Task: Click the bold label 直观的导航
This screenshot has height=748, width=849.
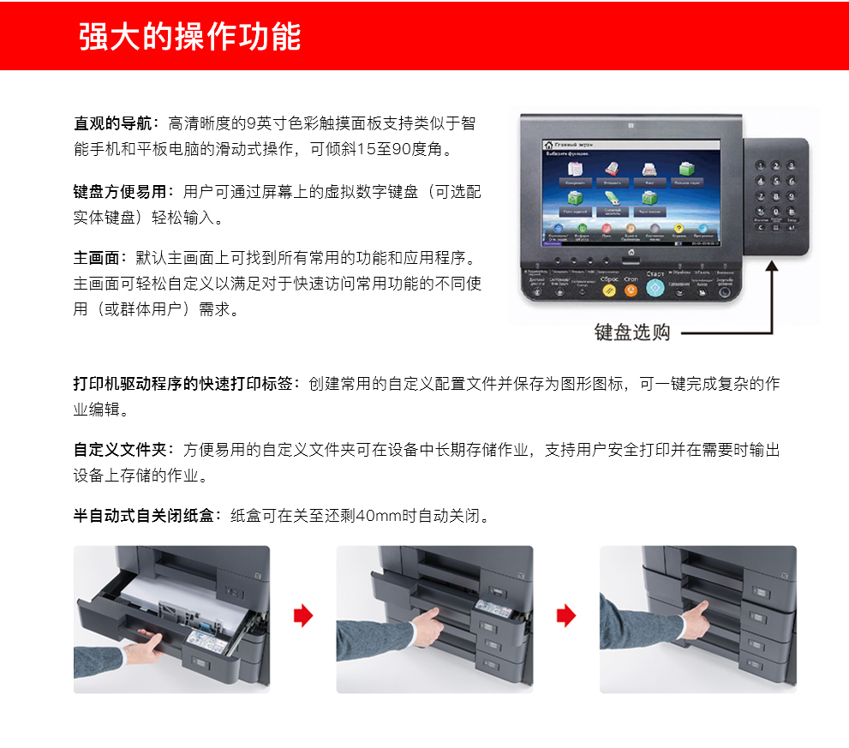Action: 112,123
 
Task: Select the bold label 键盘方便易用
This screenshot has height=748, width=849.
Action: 120,191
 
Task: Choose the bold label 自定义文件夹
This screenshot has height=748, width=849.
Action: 120,450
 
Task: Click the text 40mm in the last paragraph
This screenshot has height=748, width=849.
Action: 375,516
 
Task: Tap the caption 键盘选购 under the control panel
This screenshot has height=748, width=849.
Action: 632,332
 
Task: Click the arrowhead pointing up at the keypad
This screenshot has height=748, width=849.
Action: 772,267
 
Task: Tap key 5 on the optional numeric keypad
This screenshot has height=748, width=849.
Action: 776,181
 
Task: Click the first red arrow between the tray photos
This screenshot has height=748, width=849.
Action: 303,615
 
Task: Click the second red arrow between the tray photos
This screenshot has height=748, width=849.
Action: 566,615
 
